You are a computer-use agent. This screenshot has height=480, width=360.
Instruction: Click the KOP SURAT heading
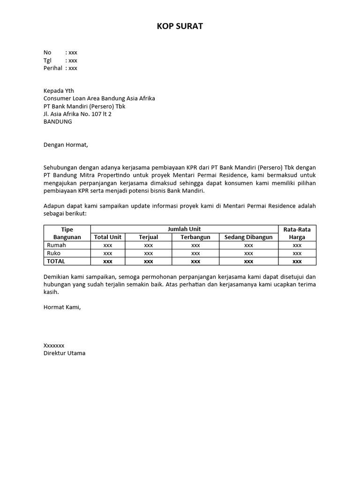180,26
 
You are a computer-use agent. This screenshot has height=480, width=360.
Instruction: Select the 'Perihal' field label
53,68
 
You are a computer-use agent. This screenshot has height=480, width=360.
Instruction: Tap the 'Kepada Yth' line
59,91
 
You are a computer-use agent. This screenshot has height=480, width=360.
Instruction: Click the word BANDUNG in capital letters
58,121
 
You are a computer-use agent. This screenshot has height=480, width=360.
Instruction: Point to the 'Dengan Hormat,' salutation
66,145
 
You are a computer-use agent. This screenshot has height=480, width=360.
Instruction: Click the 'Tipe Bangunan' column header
67,233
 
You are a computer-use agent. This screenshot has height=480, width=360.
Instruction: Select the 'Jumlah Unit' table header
184,229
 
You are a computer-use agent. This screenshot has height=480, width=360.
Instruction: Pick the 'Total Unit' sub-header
108,237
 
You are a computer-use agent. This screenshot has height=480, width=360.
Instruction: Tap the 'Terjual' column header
149,237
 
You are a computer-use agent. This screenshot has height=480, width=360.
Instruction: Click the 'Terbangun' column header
195,237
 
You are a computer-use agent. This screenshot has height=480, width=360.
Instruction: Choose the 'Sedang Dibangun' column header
248,237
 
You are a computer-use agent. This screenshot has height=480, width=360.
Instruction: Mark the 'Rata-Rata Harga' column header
297,233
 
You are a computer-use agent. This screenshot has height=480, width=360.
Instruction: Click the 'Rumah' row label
56,245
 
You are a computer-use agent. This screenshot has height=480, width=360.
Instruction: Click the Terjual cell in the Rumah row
149,245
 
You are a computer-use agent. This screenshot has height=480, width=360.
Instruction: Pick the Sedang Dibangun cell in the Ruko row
248,253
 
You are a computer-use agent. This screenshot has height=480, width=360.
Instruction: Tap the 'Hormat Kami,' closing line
62,307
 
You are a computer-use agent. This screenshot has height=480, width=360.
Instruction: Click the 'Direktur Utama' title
64,353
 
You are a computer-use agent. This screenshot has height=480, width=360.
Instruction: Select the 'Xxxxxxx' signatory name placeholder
54,345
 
